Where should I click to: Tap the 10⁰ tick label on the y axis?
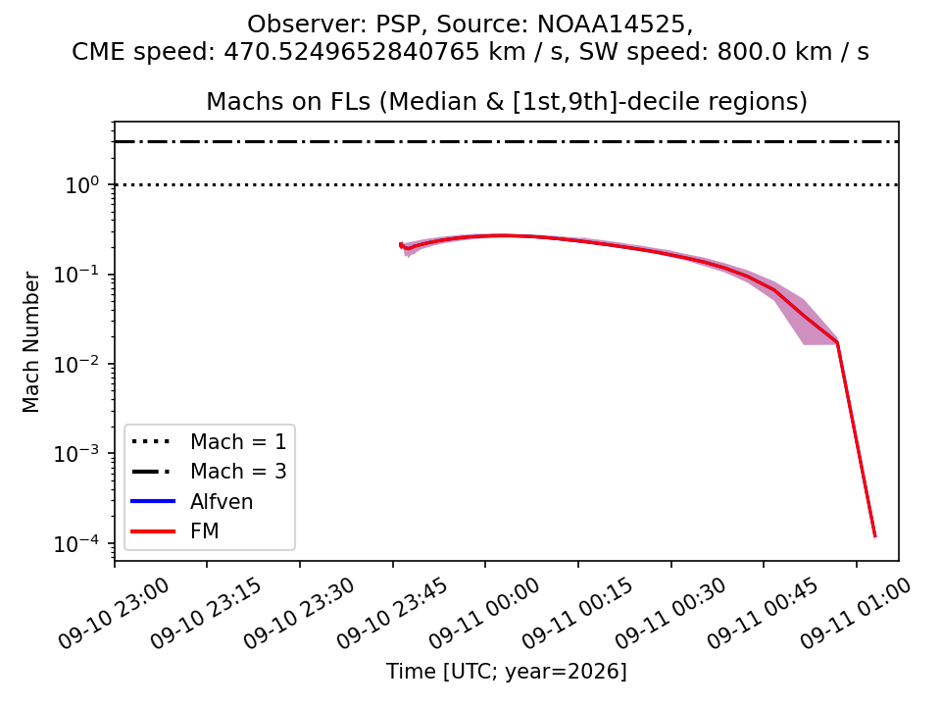(81, 185)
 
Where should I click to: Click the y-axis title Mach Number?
(30, 342)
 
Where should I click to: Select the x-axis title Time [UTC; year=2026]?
(507, 671)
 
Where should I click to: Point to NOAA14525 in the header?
(613, 24)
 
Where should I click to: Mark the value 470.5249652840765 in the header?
(352, 52)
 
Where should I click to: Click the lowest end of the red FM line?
(875, 536)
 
